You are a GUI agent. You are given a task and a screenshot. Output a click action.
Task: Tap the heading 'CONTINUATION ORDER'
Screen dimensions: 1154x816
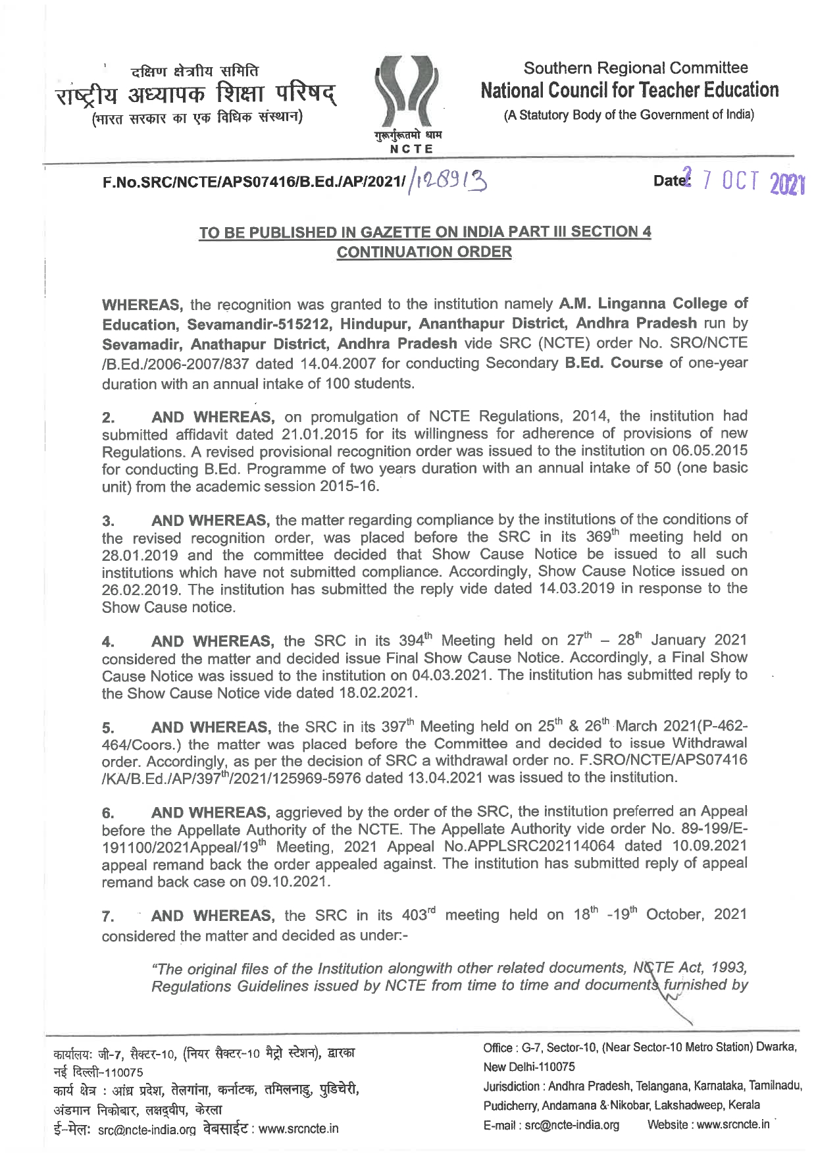424,252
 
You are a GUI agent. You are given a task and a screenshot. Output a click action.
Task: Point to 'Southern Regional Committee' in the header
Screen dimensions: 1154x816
635,68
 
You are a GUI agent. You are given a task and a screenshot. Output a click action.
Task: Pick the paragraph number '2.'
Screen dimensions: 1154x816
109,417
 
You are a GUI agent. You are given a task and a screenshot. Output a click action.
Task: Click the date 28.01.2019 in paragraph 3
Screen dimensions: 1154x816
140,554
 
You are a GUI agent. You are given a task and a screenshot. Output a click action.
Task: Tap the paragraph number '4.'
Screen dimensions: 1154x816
109,641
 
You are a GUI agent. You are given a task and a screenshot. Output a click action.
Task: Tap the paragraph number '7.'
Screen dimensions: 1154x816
109,916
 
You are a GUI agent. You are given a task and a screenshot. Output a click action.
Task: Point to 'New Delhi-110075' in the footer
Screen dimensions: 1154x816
529,1066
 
